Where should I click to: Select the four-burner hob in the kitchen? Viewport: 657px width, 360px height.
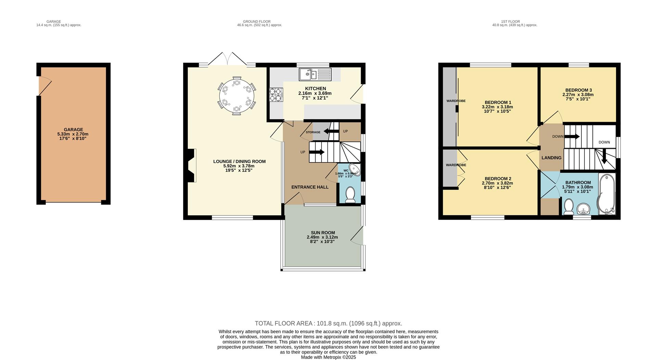pyautogui.click(x=276, y=95)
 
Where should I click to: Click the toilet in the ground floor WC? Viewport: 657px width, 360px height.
pyautogui.click(x=350, y=194)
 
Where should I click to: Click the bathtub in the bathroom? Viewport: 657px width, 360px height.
pyautogui.click(x=607, y=194)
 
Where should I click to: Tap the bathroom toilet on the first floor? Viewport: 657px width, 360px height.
pyautogui.click(x=568, y=207)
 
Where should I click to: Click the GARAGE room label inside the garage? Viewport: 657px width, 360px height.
pyautogui.click(x=73, y=129)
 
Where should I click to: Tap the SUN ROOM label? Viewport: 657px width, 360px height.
pyautogui.click(x=323, y=233)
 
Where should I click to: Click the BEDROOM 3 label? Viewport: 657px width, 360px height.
pyautogui.click(x=578, y=90)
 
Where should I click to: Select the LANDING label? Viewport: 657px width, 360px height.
pyautogui.click(x=551, y=158)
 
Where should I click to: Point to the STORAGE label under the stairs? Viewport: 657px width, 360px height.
pyautogui.click(x=313, y=132)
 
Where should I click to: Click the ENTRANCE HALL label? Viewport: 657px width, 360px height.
pyautogui.click(x=310, y=187)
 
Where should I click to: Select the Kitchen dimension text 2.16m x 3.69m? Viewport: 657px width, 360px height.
pyautogui.click(x=315, y=93)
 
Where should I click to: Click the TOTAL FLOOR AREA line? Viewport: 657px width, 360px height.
pyautogui.click(x=328, y=323)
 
